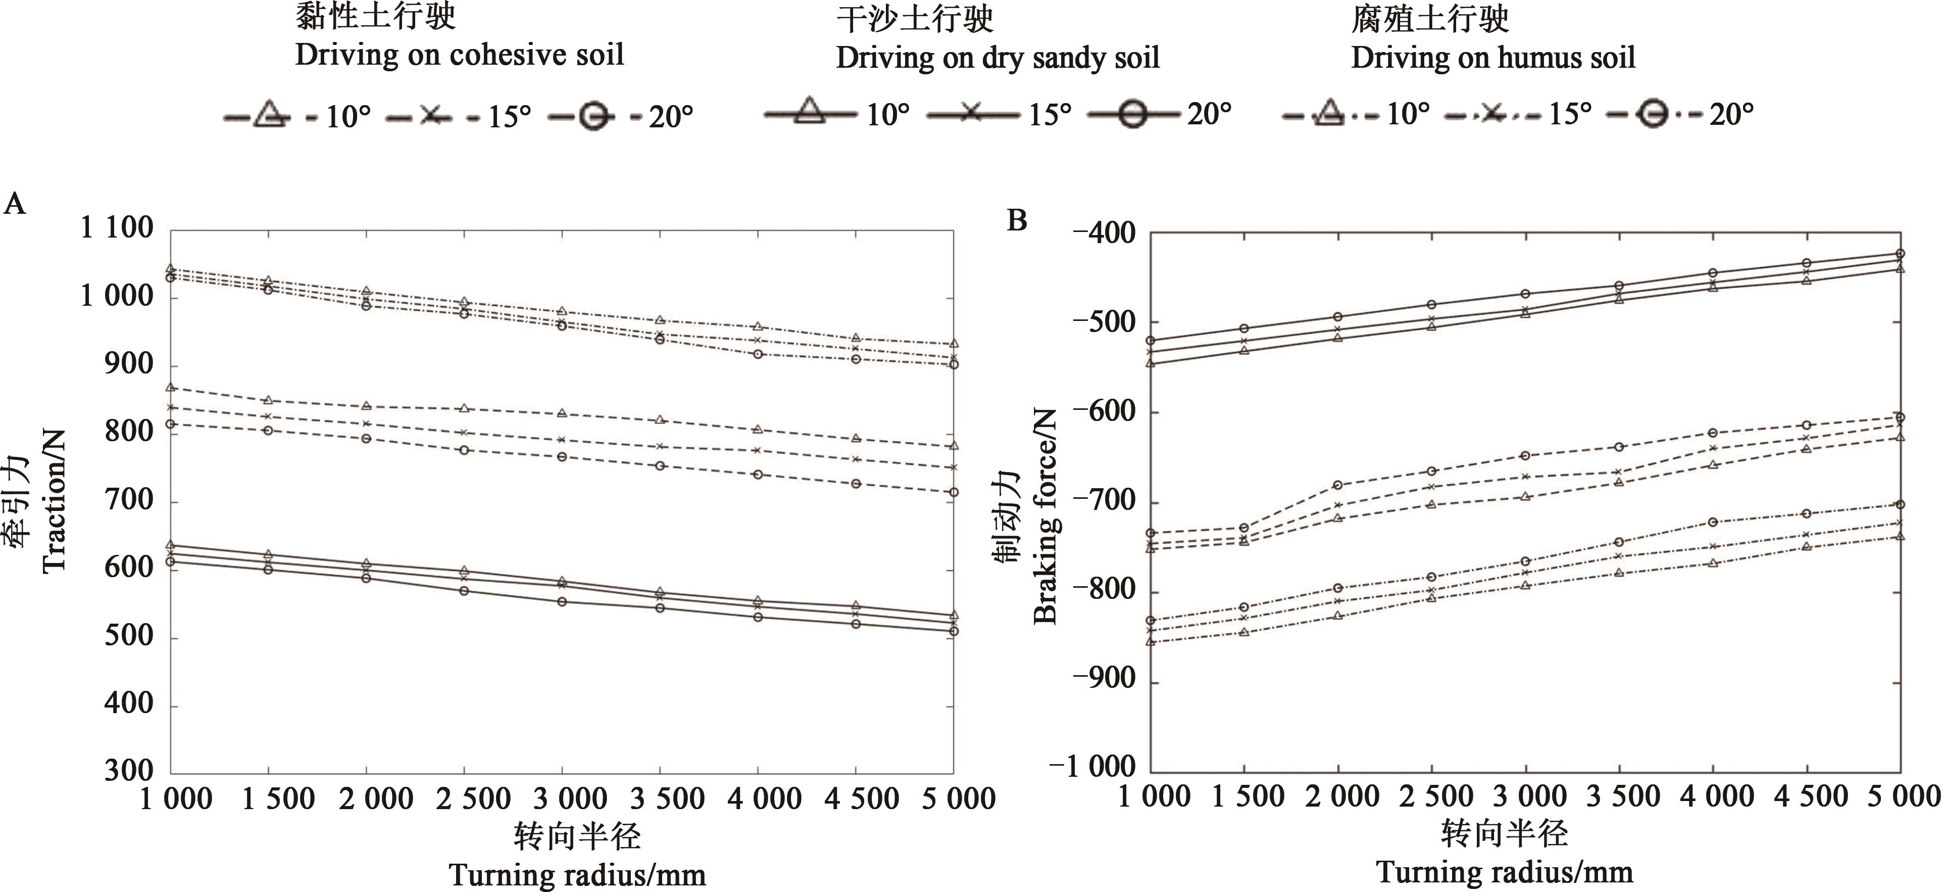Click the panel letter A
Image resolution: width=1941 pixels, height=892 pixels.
(15, 204)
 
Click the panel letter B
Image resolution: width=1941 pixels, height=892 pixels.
(1017, 221)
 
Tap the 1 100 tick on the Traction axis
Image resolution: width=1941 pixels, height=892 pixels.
(117, 228)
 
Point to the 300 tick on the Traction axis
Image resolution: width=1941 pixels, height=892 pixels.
(129, 771)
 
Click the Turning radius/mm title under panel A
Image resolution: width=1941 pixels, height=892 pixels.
(577, 875)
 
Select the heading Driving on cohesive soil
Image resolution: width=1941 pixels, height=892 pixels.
(460, 55)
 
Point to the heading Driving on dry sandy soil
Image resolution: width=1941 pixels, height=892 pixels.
(997, 58)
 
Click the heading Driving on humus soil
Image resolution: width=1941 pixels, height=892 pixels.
(1492, 58)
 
